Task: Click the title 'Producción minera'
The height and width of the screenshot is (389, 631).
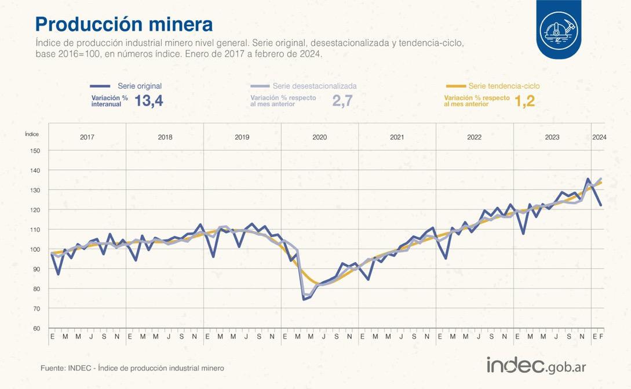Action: (123, 24)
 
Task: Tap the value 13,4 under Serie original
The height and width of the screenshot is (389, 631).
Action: (149, 101)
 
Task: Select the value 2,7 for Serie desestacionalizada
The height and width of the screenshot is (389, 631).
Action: (342, 101)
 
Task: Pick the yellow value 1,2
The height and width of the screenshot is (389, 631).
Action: (524, 101)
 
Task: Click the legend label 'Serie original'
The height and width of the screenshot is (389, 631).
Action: (140, 86)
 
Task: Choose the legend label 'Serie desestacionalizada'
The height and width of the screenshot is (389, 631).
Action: (315, 86)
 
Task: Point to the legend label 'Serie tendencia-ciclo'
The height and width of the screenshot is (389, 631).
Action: (504, 86)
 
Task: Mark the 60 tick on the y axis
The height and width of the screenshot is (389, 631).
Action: (37, 328)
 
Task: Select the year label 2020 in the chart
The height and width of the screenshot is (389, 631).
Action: (320, 137)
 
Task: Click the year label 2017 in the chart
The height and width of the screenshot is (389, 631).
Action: (87, 137)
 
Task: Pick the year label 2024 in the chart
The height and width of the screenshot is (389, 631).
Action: (599, 137)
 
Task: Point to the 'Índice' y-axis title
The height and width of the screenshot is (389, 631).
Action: (32, 133)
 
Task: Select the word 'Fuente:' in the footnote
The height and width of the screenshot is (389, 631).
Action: (53, 368)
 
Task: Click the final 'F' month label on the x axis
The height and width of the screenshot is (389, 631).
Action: (601, 337)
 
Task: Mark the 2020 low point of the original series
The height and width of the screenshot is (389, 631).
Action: (304, 299)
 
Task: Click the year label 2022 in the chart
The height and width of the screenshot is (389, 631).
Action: (475, 137)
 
